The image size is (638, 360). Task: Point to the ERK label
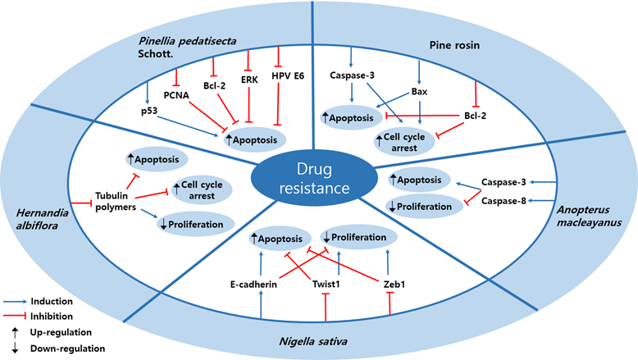click(248, 84)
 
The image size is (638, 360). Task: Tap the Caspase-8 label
click(503, 200)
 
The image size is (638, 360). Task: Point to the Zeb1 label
click(387, 285)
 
